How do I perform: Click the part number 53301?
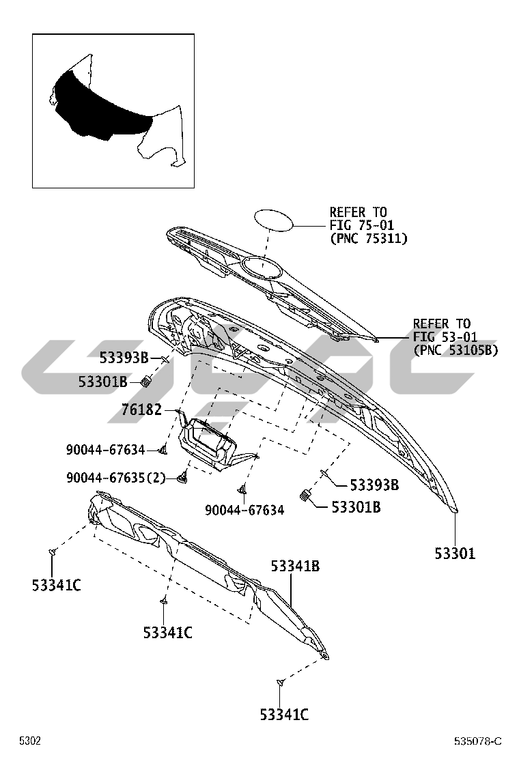[455, 554]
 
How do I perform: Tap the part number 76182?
[141, 410]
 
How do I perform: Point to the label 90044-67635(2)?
[116, 478]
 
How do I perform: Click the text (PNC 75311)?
[368, 238]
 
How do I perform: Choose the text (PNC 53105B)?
[455, 349]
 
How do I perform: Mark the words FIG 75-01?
[361, 225]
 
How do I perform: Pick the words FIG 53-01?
[445, 336]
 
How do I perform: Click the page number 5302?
[30, 741]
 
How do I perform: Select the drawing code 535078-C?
[478, 741]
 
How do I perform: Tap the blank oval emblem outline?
[274, 220]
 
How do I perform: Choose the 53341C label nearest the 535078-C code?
[283, 715]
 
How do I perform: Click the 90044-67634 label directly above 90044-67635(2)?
[106, 450]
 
